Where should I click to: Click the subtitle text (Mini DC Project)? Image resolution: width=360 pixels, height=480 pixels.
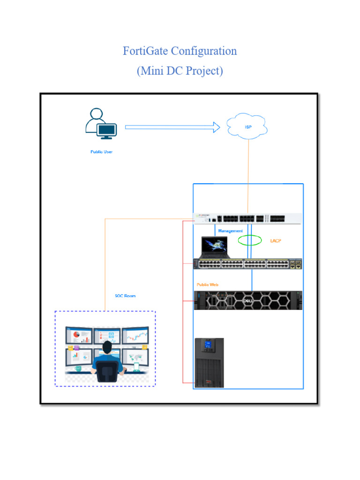click(x=180, y=71)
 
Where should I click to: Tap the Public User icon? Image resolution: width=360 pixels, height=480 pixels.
click(x=101, y=124)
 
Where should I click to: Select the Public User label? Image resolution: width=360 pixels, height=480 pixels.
click(x=102, y=152)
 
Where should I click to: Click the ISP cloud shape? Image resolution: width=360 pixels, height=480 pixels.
click(x=247, y=127)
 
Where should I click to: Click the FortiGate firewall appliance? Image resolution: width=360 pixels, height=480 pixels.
click(x=248, y=218)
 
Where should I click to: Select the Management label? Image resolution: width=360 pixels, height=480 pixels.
click(x=230, y=231)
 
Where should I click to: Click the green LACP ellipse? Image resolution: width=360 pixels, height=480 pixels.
click(x=250, y=240)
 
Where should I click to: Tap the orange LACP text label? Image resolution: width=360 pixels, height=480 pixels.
click(x=276, y=241)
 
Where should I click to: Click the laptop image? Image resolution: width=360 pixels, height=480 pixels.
click(x=214, y=247)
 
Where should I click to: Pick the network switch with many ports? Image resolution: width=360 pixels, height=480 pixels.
click(x=248, y=264)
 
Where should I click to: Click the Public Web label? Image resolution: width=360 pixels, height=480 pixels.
click(x=207, y=285)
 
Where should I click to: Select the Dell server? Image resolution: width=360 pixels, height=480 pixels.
click(x=248, y=300)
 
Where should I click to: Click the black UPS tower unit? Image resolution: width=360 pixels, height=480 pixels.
click(x=209, y=363)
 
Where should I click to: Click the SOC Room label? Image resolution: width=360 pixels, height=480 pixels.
click(x=125, y=296)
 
